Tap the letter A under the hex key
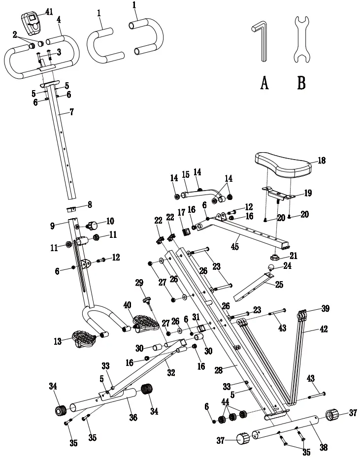pyautogui.click(x=264, y=83)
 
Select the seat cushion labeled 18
pyautogui.click(x=284, y=164)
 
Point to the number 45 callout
pyautogui.click(x=234, y=246)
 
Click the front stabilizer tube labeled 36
pyautogui.click(x=104, y=399)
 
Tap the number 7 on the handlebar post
pyautogui.click(x=71, y=112)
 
